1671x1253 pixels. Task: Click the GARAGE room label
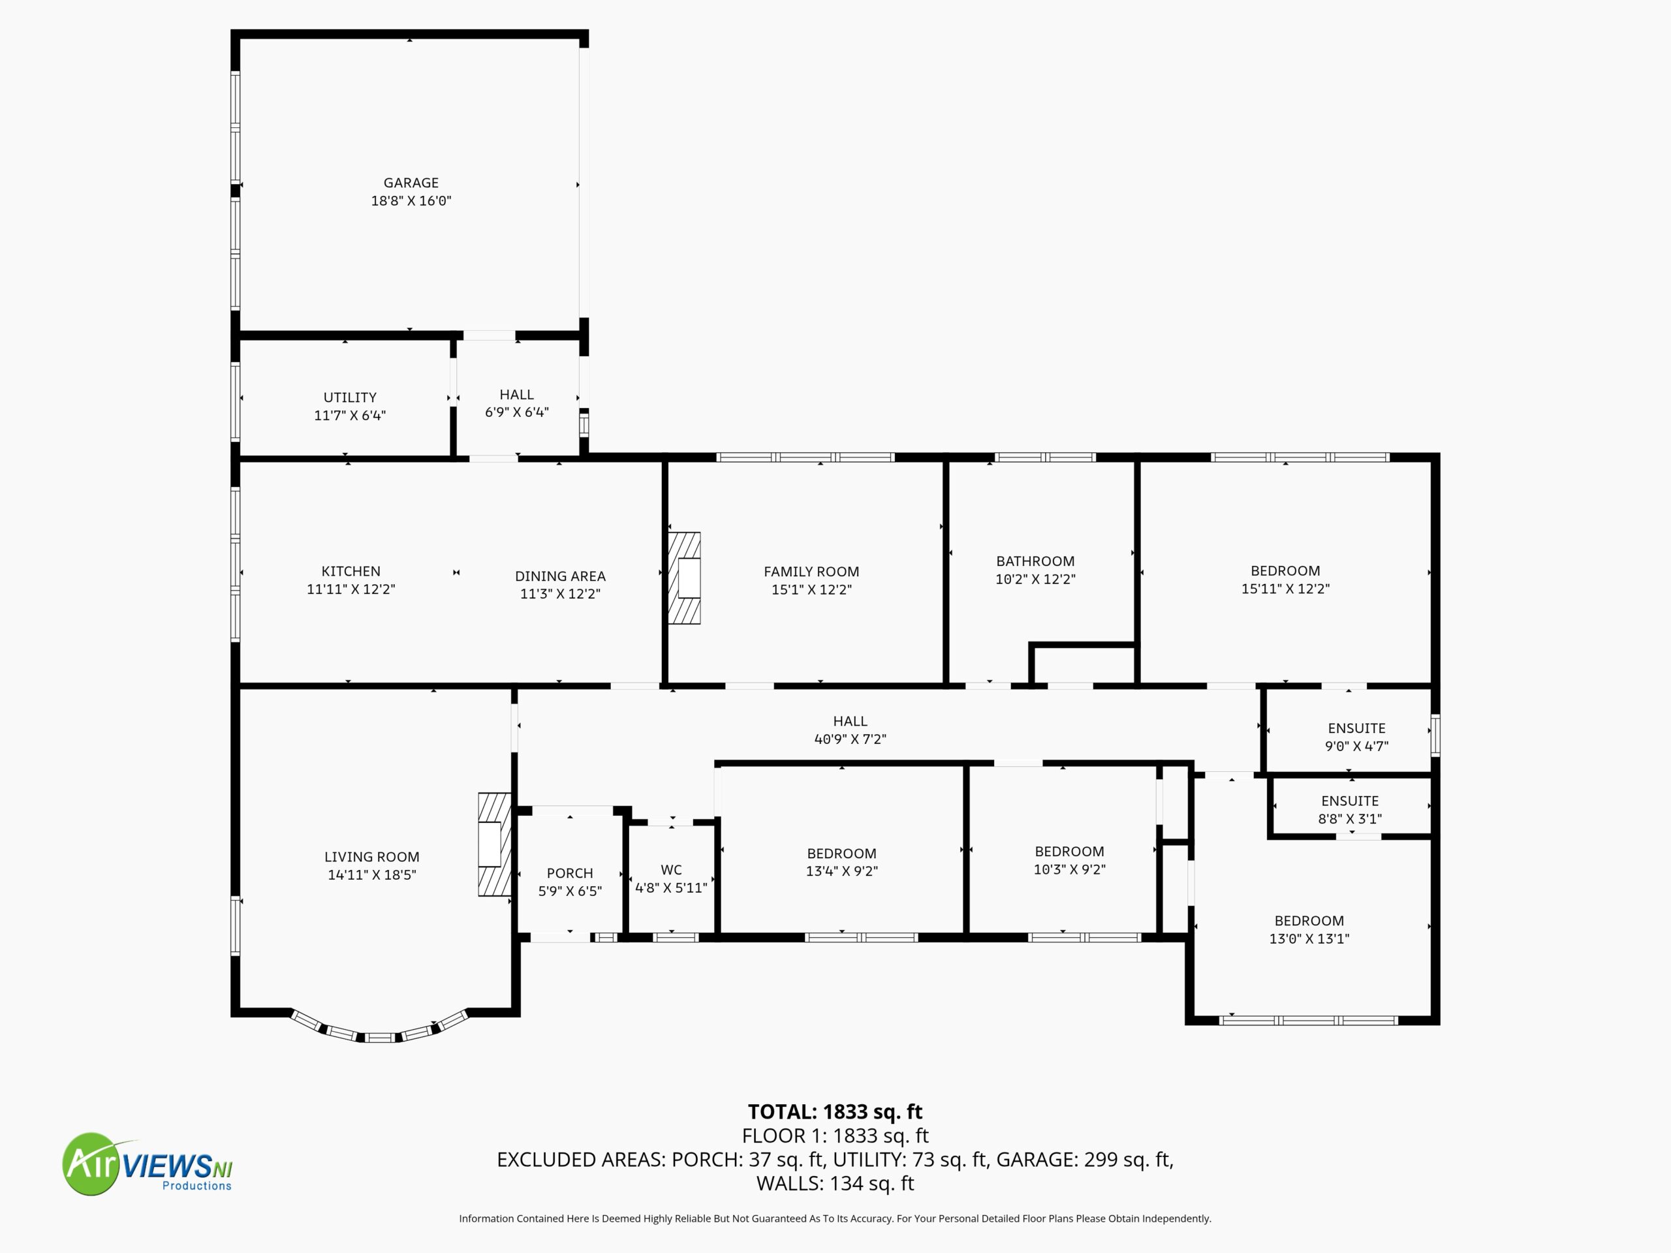pyautogui.click(x=411, y=183)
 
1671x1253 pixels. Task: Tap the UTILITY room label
pyautogui.click(x=350, y=397)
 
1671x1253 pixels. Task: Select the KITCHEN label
pyautogui.click(x=351, y=572)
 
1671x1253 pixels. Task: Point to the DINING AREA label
pyautogui.click(x=560, y=576)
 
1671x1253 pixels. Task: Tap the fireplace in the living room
pyautogui.click(x=495, y=844)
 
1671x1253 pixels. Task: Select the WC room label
pyautogui.click(x=671, y=870)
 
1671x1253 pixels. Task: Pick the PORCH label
pyautogui.click(x=570, y=873)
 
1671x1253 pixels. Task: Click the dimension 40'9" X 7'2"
pyautogui.click(x=850, y=739)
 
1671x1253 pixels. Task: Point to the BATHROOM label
pyautogui.click(x=1035, y=561)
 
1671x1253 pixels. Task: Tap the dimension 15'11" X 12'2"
pyautogui.click(x=1285, y=589)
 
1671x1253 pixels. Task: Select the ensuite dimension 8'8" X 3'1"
pyautogui.click(x=1349, y=819)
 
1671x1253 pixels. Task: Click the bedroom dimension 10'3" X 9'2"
pyautogui.click(x=1069, y=869)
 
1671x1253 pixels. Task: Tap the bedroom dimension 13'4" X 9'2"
pyautogui.click(x=841, y=871)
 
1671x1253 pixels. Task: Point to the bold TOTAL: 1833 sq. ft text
pyautogui.click(x=835, y=1112)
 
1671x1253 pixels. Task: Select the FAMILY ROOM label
pyautogui.click(x=811, y=572)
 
